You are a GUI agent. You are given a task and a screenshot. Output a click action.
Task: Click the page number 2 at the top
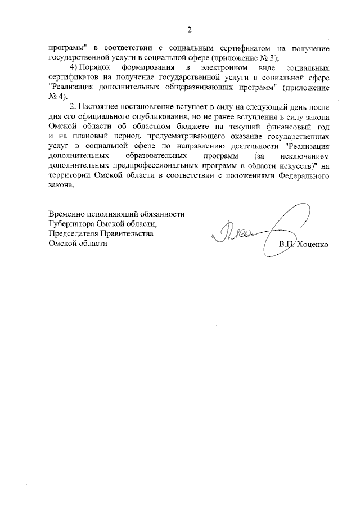pos(190,29)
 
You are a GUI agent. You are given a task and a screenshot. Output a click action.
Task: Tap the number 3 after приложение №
pos(273,58)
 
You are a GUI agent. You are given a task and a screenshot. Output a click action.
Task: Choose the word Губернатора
pos(71,224)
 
